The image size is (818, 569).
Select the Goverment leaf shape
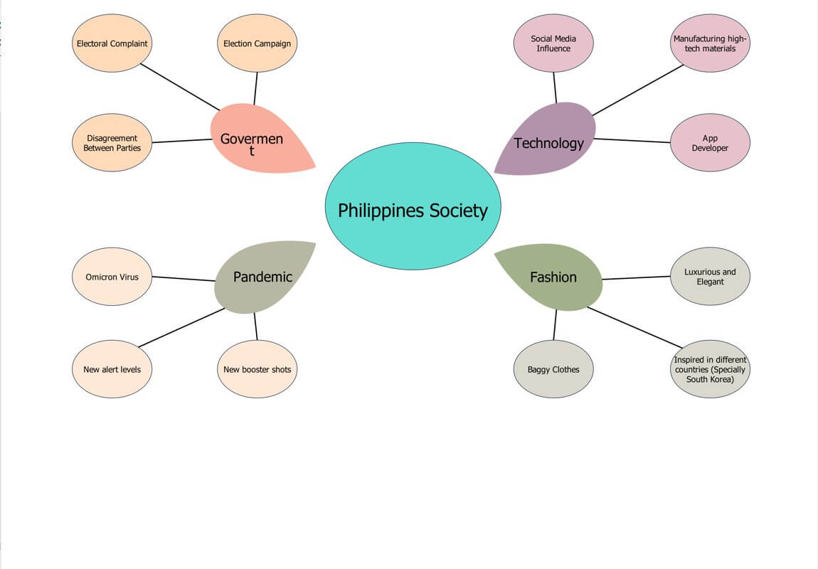pos(256,139)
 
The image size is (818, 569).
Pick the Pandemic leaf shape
pos(262,277)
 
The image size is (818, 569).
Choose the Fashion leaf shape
pos(553,277)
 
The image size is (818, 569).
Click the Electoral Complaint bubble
pos(112,43)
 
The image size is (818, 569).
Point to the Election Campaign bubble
pos(257,43)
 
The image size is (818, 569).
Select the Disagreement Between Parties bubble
pos(112,142)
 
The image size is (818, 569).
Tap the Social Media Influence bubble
pos(553,43)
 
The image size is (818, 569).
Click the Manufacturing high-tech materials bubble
pos(710,43)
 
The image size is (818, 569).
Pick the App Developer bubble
pos(710,142)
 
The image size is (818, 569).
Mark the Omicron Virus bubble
pos(112,277)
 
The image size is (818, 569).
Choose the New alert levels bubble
pos(112,369)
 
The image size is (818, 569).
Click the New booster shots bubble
pos(257,369)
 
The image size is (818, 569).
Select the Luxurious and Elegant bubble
pos(710,277)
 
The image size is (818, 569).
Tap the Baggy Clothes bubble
pos(553,369)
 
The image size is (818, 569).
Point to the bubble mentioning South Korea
pos(710,369)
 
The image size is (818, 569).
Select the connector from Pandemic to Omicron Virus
pos(184,279)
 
